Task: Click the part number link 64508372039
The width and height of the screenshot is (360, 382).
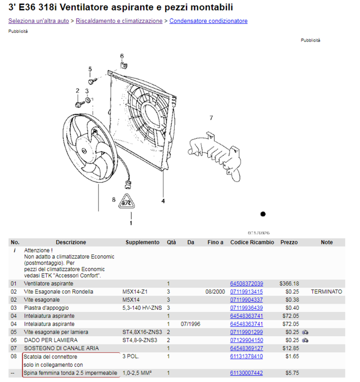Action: tap(246, 284)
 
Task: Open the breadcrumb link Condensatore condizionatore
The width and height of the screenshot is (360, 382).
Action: tap(208, 21)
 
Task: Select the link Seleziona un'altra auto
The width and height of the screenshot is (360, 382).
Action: tap(39, 21)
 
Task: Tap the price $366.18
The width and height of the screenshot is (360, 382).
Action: tap(289, 284)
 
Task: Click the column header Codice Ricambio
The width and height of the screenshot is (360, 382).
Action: tap(252, 243)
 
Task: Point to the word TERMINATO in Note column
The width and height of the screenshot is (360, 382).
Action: tap(327, 292)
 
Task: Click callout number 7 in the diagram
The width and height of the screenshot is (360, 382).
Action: tap(211, 117)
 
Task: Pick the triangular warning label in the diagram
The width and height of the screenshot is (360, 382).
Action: tap(126, 202)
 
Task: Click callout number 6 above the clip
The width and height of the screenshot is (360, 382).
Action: tap(122, 56)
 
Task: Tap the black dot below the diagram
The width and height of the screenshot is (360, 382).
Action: tap(263, 214)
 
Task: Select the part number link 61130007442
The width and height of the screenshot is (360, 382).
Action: tap(246, 373)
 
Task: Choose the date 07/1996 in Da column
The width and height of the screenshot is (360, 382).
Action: tap(191, 324)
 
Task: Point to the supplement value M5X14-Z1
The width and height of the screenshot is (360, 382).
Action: tap(136, 292)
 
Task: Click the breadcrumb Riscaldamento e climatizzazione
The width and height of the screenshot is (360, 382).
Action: tap(119, 21)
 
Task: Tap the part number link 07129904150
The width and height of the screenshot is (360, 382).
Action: tap(246, 340)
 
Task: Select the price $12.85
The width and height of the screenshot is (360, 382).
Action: tap(289, 349)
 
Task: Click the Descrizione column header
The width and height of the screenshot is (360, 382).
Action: tap(71, 243)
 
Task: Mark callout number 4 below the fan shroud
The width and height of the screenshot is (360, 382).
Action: tap(163, 201)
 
